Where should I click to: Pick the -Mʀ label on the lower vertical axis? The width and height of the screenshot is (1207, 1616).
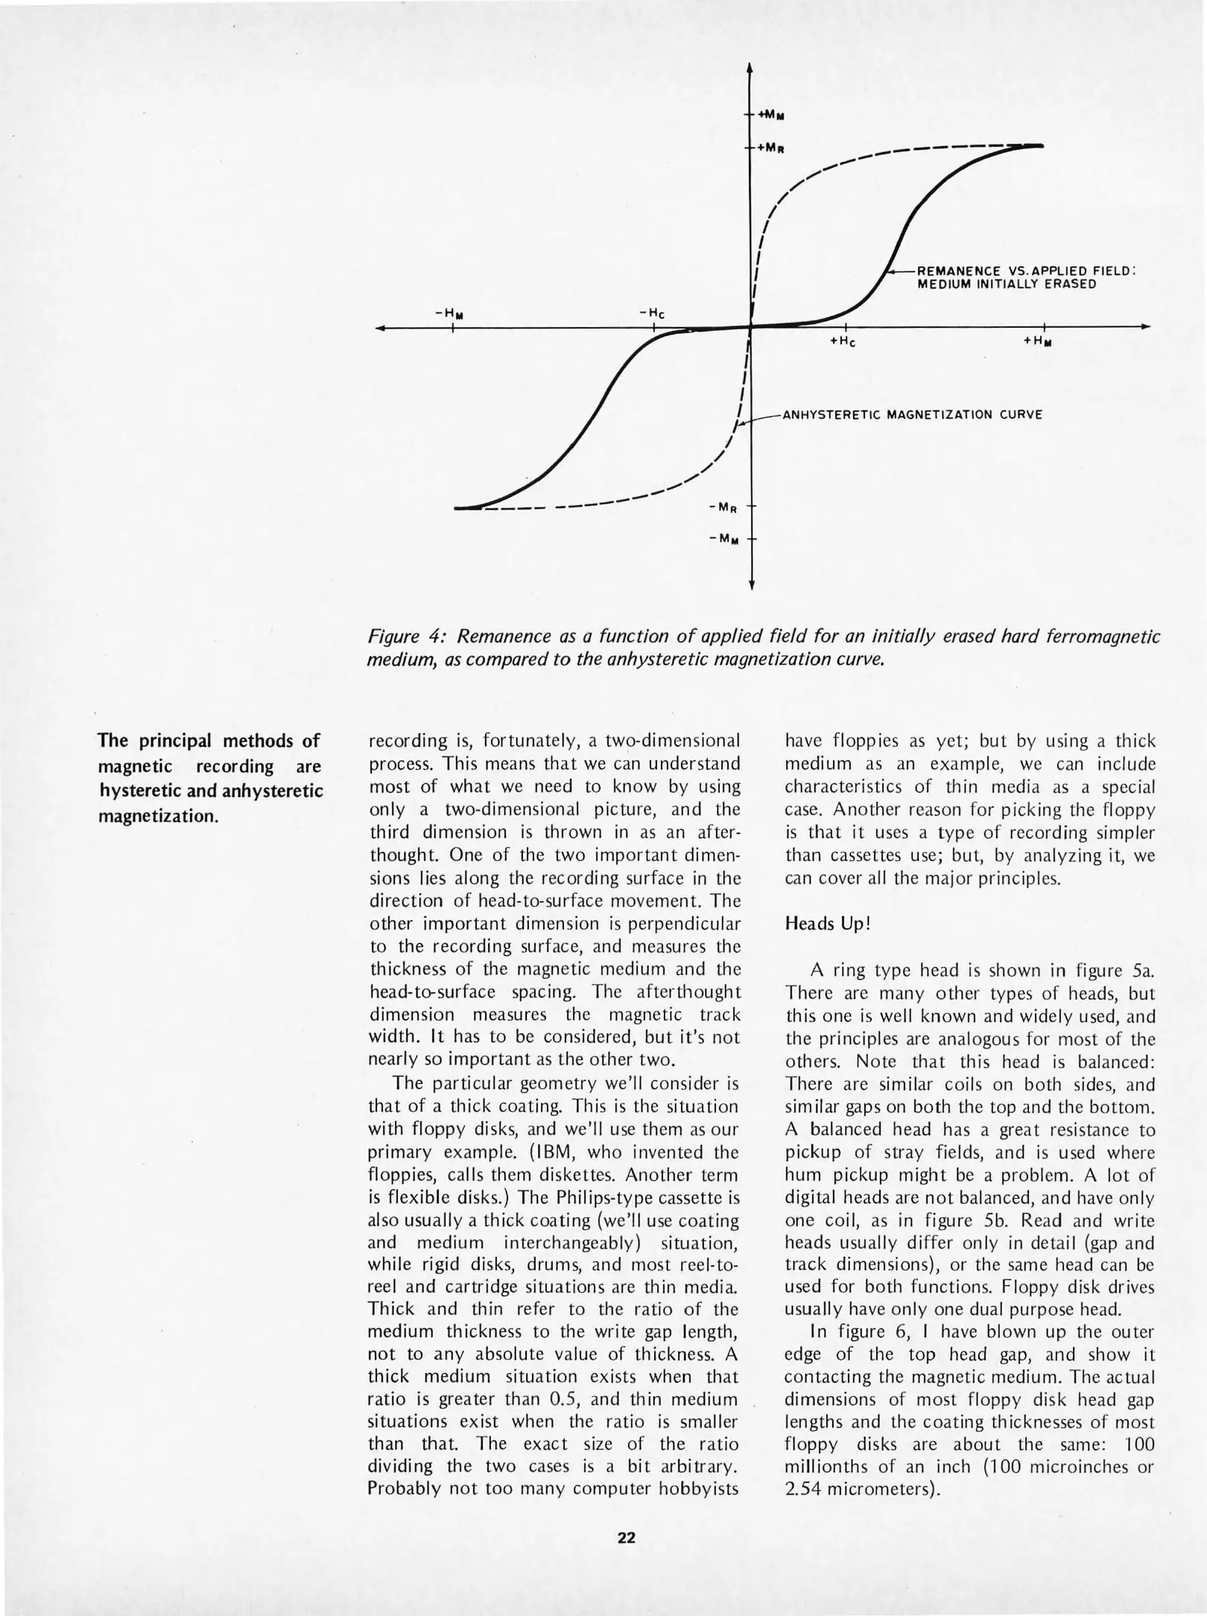pos(724,508)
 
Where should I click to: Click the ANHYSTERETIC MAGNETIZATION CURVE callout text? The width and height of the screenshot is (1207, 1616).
pos(911,414)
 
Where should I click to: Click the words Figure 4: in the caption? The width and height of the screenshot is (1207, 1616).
pos(407,637)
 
